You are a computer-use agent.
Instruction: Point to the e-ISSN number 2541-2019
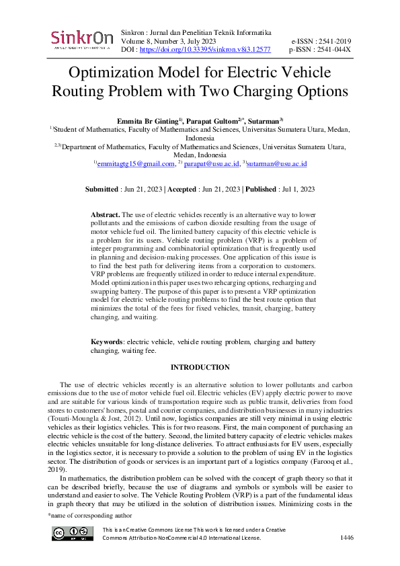click(x=331, y=41)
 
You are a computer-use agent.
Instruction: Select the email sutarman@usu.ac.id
click(x=277, y=163)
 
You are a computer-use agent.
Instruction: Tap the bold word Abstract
click(x=105, y=214)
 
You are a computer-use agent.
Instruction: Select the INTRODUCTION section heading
click(x=200, y=367)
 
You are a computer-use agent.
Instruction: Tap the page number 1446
click(x=347, y=538)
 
